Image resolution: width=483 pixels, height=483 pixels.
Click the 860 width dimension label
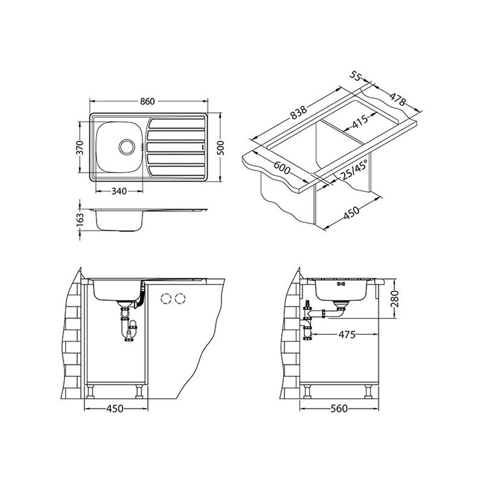click(147, 101)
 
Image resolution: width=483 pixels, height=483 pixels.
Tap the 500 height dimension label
click(221, 147)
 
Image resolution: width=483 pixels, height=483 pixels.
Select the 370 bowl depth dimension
click(80, 147)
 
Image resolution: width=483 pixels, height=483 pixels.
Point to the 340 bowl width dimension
click(119, 191)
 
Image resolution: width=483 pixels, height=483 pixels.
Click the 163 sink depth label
click(80, 220)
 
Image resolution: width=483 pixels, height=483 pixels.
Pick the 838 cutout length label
click(299, 113)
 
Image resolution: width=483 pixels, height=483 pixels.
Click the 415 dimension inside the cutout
click(360, 121)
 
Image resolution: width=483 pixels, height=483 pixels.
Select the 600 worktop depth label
click(282, 168)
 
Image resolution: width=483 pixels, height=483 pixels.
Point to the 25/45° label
click(355, 170)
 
